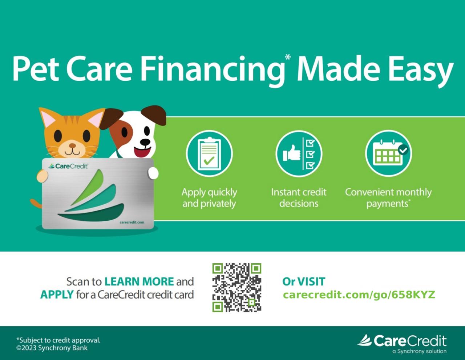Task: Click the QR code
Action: tap(236, 287)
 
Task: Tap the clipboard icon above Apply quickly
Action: tap(209, 153)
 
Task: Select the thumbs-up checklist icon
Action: tap(299, 153)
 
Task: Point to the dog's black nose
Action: tap(145, 142)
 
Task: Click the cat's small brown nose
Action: tap(72, 145)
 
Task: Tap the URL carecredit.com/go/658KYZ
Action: tap(359, 295)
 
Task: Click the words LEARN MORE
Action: tap(139, 281)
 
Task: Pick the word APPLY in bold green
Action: tap(57, 295)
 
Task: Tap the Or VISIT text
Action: tap(304, 281)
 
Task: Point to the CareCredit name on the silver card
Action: tap(68, 166)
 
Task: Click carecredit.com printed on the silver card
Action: tap(132, 222)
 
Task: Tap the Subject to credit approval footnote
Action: tap(58, 340)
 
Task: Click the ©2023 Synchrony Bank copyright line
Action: tap(52, 348)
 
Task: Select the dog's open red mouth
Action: tap(142, 151)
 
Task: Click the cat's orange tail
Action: tap(36, 203)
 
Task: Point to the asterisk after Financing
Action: tap(288, 57)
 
